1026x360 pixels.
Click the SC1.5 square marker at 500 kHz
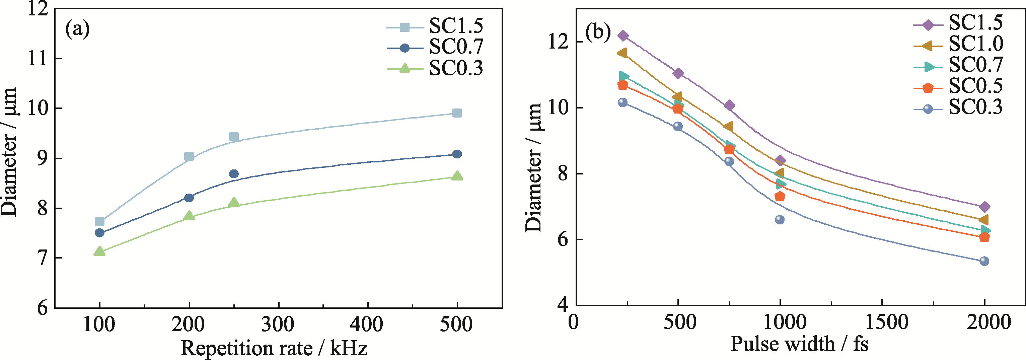[x=457, y=113]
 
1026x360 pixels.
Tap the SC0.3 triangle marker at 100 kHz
[x=99, y=251]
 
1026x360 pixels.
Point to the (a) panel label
[x=78, y=29]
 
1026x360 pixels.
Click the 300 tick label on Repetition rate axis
[x=278, y=324]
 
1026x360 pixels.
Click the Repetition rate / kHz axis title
[x=274, y=348]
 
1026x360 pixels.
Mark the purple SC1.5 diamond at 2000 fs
[x=984, y=207]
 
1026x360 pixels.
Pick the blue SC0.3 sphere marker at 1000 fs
[x=780, y=219]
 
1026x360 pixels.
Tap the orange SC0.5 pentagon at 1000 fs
[x=780, y=196]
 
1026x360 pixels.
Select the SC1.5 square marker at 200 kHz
[x=189, y=156]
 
